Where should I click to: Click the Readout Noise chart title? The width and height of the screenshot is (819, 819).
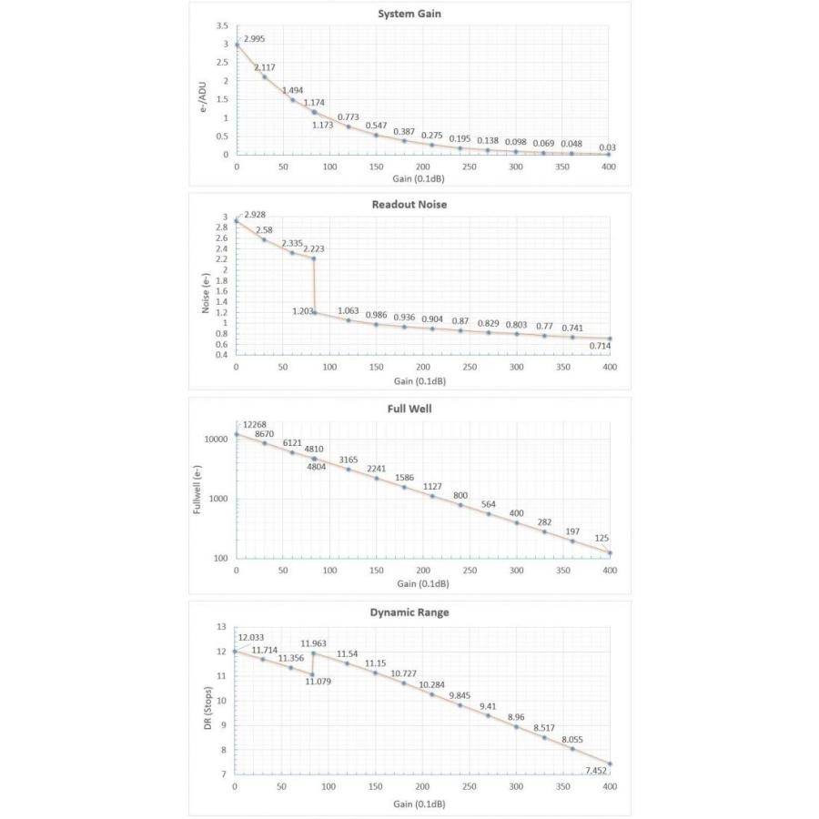click(x=409, y=205)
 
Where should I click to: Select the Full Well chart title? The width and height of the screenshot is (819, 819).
click(x=409, y=409)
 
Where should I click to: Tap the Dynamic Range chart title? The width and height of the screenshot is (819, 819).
click(x=409, y=612)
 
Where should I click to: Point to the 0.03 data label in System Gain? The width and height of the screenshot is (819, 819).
click(x=607, y=147)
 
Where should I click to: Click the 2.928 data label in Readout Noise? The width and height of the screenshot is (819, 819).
click(x=255, y=215)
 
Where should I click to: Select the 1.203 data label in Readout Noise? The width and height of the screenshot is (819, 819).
click(x=303, y=311)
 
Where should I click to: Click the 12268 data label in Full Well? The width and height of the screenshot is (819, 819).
click(x=255, y=424)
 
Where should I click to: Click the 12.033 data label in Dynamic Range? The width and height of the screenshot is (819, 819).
click(x=251, y=637)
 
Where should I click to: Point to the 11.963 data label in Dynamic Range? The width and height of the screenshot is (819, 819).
click(x=314, y=642)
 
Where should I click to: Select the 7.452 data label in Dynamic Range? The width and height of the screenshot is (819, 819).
click(x=595, y=771)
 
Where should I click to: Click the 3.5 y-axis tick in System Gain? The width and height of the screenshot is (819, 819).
click(x=221, y=26)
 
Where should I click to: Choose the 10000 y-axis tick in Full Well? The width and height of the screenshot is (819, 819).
click(x=215, y=440)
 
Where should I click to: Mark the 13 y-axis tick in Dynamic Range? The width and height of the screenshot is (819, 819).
click(x=220, y=627)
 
